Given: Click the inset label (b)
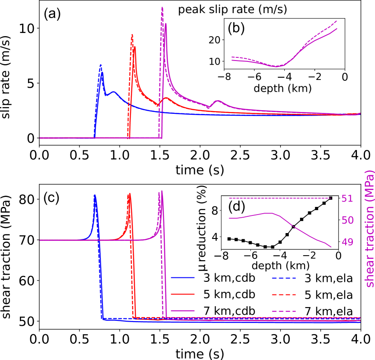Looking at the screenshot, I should click(x=236, y=28).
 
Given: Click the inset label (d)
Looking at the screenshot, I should click(x=236, y=207).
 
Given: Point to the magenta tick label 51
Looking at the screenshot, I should click(x=347, y=199).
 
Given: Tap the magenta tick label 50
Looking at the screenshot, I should click(x=347, y=220).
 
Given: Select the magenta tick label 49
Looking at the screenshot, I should click(x=347, y=243).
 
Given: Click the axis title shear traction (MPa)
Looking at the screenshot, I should click(x=369, y=228).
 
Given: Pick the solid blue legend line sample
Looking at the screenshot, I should click(x=183, y=277).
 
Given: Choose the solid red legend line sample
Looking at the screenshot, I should click(x=183, y=294).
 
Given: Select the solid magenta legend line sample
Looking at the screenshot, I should click(x=183, y=311).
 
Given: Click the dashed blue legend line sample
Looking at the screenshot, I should click(x=284, y=278).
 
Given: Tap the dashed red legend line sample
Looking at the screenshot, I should click(x=284, y=295).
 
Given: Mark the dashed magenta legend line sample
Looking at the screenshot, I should click(x=284, y=311).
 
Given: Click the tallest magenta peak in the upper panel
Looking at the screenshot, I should click(x=162, y=8).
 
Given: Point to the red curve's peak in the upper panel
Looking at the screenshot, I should click(x=132, y=35).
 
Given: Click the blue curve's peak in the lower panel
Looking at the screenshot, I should click(x=95, y=196).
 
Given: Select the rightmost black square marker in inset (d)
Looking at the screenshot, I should click(x=331, y=198).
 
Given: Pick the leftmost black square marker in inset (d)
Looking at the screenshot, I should click(x=229, y=238).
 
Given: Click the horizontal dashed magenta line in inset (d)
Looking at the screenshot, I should click(x=280, y=198).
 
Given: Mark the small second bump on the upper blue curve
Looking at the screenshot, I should click(x=113, y=92).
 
